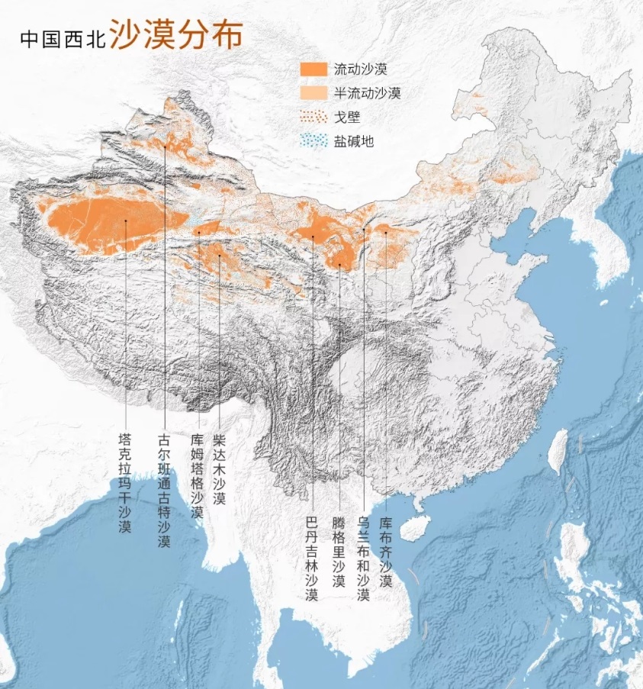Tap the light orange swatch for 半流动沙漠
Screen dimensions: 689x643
(x=314, y=92)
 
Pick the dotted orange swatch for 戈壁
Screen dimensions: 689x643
(x=314, y=117)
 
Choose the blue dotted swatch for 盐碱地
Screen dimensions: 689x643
(x=314, y=140)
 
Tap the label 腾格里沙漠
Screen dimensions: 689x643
(x=339, y=550)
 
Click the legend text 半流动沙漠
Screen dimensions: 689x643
(x=367, y=93)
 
